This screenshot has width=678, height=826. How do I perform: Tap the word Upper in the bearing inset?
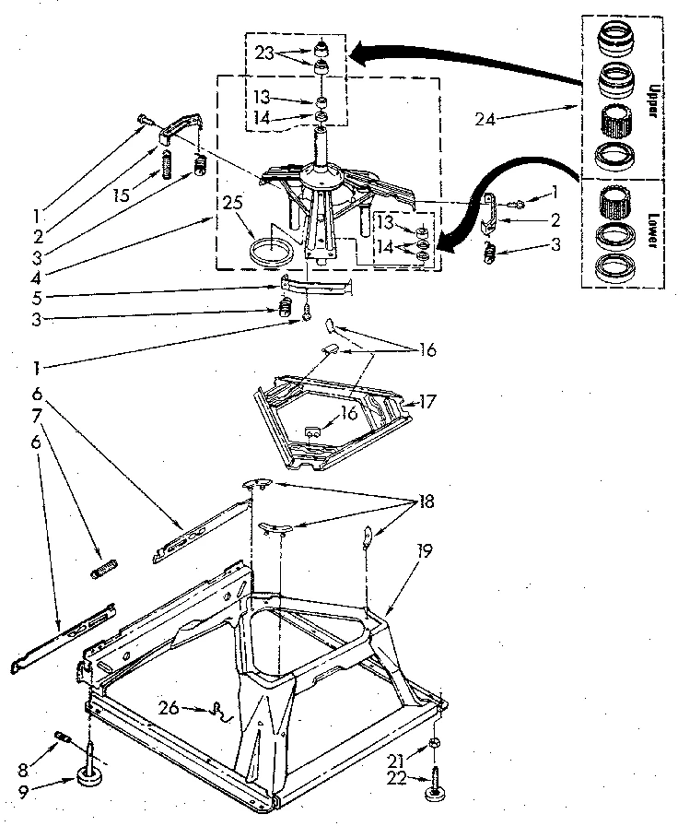pos(653,96)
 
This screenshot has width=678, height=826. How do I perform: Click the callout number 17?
pos(427,402)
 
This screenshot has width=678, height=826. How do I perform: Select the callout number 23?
pos(264,54)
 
